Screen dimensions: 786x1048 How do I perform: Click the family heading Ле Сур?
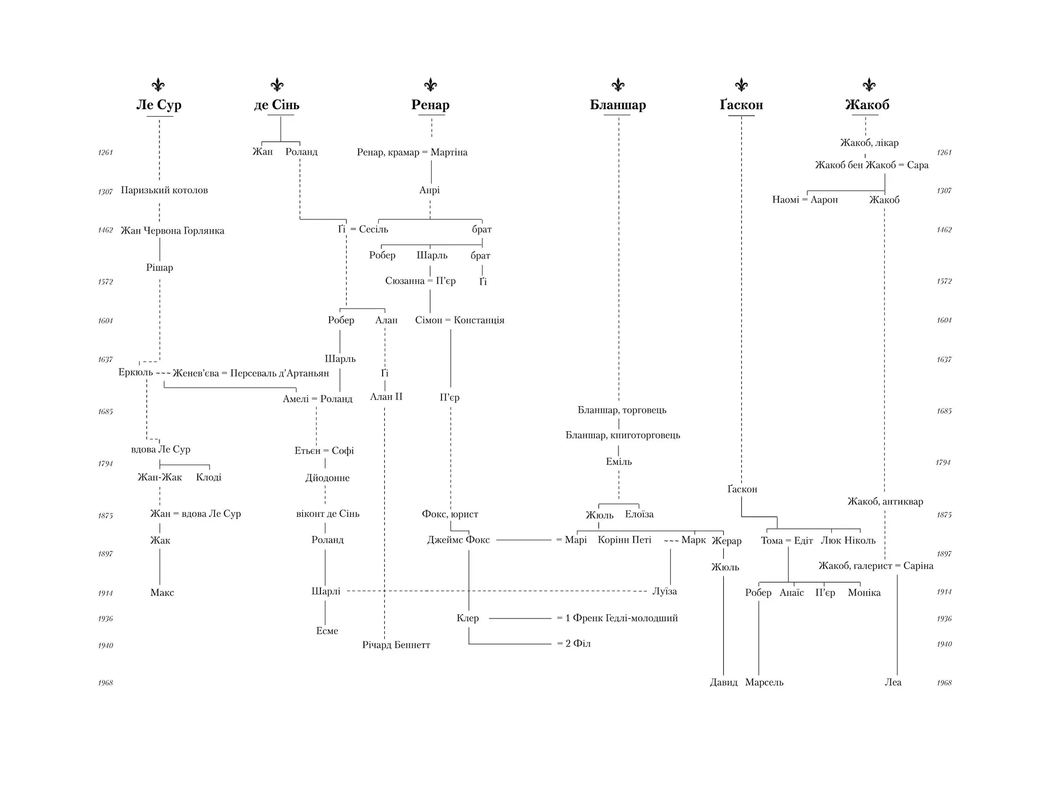point(159,105)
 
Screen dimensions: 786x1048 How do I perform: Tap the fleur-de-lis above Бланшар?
point(618,85)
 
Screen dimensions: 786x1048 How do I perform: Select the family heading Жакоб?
point(867,105)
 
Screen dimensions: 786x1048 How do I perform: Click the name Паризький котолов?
point(164,190)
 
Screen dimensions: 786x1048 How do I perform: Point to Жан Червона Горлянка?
point(172,231)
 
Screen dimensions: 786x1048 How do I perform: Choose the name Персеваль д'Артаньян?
point(279,373)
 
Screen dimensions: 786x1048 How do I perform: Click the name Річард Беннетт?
point(396,645)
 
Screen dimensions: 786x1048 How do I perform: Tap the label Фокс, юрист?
point(450,514)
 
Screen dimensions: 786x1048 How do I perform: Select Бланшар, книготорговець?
point(623,436)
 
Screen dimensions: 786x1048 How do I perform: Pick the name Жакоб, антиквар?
point(885,502)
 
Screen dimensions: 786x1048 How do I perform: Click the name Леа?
point(893,682)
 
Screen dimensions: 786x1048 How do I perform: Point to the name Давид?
point(724,682)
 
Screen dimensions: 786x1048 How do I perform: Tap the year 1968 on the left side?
point(105,683)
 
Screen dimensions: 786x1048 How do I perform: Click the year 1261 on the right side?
point(944,153)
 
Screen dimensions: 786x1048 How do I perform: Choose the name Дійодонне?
point(327,478)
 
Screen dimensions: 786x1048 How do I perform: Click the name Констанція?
point(479,320)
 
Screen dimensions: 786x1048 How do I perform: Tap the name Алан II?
point(386,397)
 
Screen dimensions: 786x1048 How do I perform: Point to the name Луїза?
point(665,592)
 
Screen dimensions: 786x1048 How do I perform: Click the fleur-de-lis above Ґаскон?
point(741,85)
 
